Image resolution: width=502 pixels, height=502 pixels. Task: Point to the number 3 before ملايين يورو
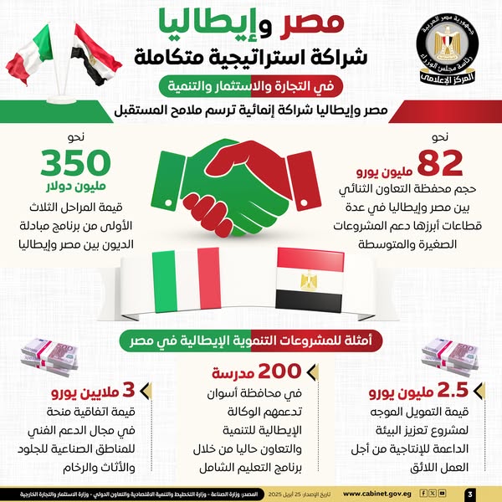click(131, 390)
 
